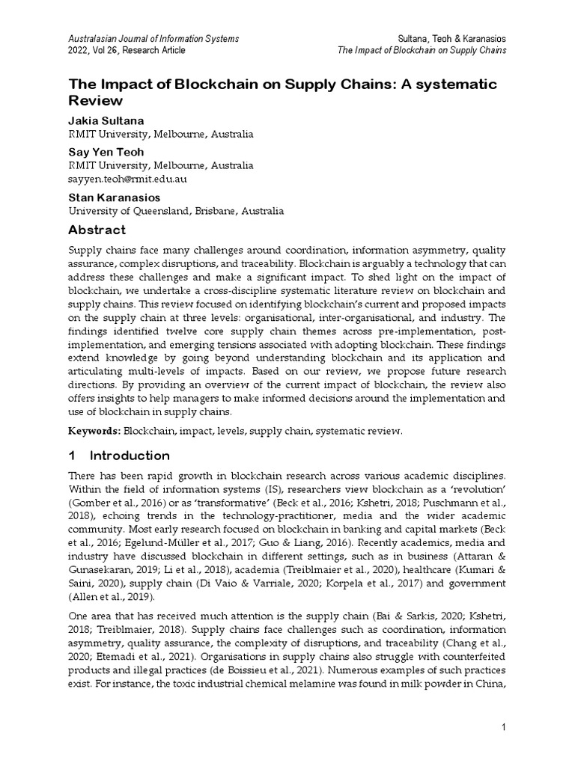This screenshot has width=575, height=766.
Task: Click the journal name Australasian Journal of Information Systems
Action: point(153,37)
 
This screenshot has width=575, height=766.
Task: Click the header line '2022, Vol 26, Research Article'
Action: point(127,50)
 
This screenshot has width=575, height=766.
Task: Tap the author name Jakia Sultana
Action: point(106,120)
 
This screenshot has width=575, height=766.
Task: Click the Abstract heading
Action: point(97,230)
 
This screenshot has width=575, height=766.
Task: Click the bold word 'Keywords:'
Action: point(94,431)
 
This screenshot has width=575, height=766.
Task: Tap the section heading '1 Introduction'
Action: point(120,456)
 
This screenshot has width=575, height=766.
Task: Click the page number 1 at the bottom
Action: point(504,728)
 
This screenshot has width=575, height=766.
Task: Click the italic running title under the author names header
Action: point(422,50)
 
